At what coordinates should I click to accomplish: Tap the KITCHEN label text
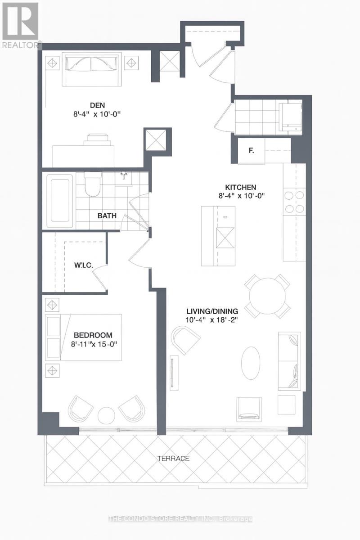click(x=241, y=187)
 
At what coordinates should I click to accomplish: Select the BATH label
click(x=107, y=216)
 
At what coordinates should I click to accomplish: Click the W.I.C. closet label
click(x=84, y=265)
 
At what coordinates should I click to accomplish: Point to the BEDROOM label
click(x=93, y=335)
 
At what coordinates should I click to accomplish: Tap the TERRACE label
click(x=173, y=459)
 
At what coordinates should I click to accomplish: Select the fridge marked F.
click(x=251, y=151)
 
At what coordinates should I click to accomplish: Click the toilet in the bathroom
click(x=92, y=185)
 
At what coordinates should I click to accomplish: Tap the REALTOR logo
click(x=20, y=25)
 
